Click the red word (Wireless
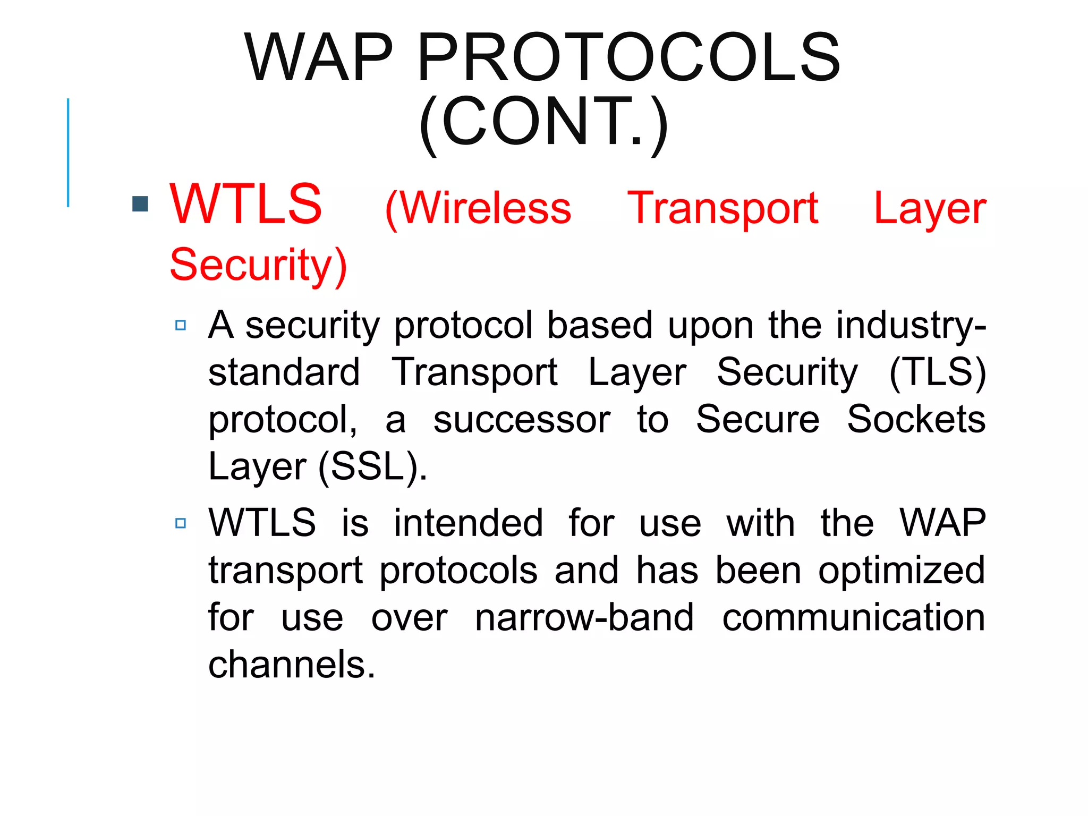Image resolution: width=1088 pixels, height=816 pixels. [x=478, y=209]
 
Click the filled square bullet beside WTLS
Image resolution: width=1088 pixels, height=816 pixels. [x=140, y=204]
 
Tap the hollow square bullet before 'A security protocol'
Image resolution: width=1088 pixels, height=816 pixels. [x=181, y=325]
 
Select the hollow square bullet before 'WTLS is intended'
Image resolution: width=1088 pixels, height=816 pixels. [x=181, y=523]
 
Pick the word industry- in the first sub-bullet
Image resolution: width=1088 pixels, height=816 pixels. [x=911, y=325]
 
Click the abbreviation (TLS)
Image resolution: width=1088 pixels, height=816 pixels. [x=938, y=372]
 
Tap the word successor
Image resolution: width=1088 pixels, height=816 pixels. [x=522, y=420]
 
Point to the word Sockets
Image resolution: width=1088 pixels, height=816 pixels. [x=916, y=420]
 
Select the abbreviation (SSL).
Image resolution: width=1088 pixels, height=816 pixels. [x=372, y=466]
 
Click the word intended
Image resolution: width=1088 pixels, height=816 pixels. [x=468, y=523]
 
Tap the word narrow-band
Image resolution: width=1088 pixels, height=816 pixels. [x=584, y=617]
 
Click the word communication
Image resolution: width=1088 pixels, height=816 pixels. [x=853, y=617]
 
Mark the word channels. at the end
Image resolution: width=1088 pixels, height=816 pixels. [x=292, y=664]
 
